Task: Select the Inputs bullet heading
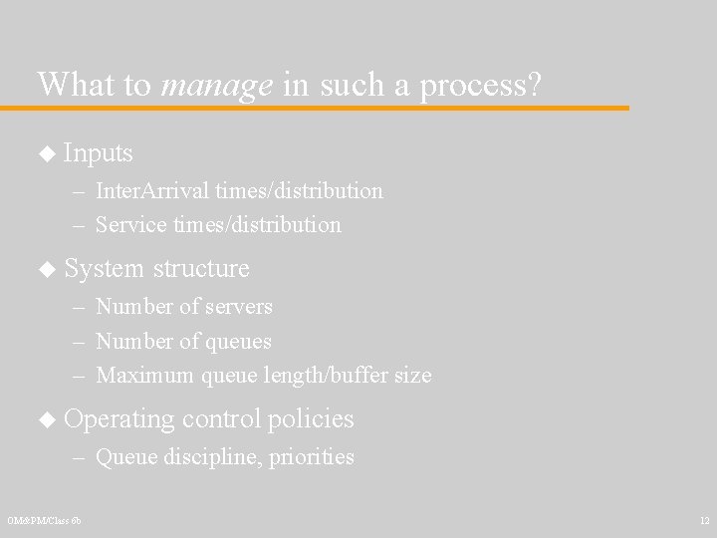click(x=98, y=153)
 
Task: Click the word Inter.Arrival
click(x=140, y=189)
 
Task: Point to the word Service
click(x=130, y=225)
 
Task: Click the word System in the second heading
click(x=104, y=269)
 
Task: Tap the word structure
click(x=201, y=269)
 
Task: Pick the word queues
click(x=239, y=343)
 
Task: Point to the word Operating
click(x=118, y=419)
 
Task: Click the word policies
click(x=311, y=419)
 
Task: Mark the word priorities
click(x=312, y=457)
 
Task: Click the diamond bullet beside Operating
click(x=47, y=419)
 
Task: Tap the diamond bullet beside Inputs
click(x=47, y=153)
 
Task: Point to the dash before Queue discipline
click(x=79, y=457)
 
